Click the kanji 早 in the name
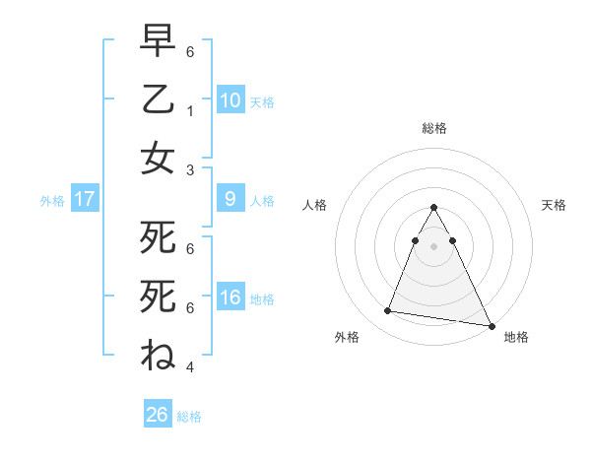(159, 43)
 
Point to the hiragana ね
(159, 353)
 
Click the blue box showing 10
(230, 99)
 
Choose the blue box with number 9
(230, 200)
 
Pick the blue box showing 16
(230, 298)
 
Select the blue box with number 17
(85, 200)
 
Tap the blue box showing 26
(158, 415)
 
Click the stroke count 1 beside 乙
(192, 112)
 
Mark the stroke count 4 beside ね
(192, 366)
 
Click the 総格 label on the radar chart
(433, 128)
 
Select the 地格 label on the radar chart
(516, 337)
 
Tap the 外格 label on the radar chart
(347, 337)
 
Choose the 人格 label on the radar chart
(314, 205)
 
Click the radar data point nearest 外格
(387, 311)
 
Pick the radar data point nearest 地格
(491, 326)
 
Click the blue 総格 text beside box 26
(189, 416)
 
